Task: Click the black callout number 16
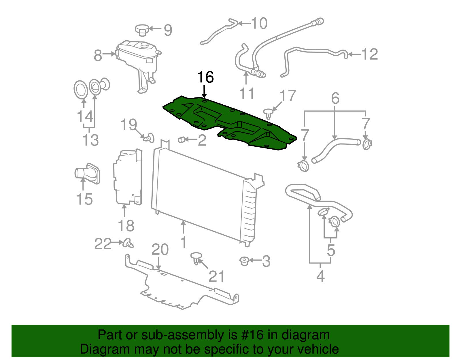[x=205, y=78]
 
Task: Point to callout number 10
[x=259, y=23]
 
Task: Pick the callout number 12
[x=369, y=54]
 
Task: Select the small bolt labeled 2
[x=182, y=140]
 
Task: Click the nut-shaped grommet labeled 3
[x=244, y=261]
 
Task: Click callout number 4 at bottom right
[x=320, y=276]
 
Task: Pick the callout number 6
[x=335, y=99]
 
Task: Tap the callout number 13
[x=90, y=140]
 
